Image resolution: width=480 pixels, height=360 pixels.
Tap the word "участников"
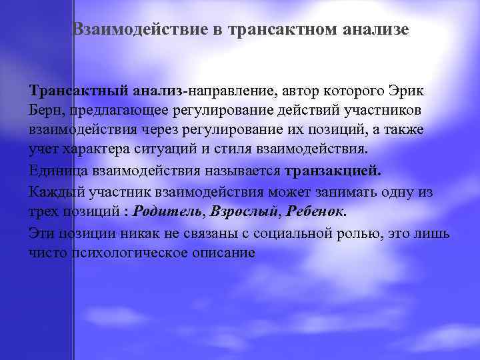click(x=380, y=109)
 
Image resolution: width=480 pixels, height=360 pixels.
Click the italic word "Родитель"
click(x=169, y=212)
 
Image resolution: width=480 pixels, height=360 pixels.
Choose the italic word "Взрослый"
click(x=241, y=212)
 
